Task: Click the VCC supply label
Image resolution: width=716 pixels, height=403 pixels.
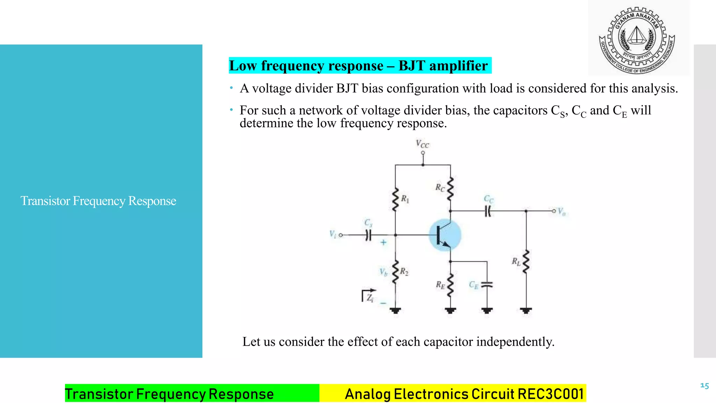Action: pyautogui.click(x=422, y=144)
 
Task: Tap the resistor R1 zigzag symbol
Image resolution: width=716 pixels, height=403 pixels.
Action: pyautogui.click(x=395, y=199)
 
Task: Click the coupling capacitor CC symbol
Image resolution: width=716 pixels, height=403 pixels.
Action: pyautogui.click(x=488, y=211)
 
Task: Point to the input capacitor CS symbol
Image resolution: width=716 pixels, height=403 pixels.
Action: pyautogui.click(x=368, y=235)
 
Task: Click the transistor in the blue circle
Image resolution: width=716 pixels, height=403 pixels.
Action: pyautogui.click(x=445, y=235)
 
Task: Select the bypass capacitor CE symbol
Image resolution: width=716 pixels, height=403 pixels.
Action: pyautogui.click(x=487, y=285)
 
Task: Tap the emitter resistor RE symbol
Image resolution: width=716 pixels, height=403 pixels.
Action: pyautogui.click(x=450, y=285)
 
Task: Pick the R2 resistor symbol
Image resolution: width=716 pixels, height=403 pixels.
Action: pyautogui.click(x=395, y=272)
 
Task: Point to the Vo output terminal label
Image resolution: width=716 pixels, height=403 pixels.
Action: pyautogui.click(x=561, y=211)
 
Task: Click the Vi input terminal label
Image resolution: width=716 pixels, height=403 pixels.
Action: pyautogui.click(x=332, y=234)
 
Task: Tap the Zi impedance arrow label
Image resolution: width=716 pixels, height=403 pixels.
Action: pyautogui.click(x=369, y=296)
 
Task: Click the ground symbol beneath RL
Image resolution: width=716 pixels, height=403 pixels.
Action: pyautogui.click(x=526, y=310)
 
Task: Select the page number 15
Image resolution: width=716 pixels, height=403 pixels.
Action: pyautogui.click(x=704, y=386)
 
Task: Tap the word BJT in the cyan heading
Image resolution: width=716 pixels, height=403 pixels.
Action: pyautogui.click(x=412, y=66)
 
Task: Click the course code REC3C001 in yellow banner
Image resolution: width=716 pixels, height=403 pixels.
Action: pyautogui.click(x=551, y=394)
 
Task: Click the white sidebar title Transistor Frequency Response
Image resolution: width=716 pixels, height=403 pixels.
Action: pyautogui.click(x=98, y=201)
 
